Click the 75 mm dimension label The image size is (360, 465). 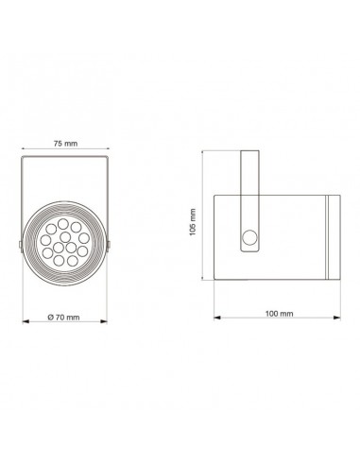(x=65, y=144)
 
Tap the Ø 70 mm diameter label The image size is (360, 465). (x=63, y=317)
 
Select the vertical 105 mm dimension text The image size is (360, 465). (x=193, y=222)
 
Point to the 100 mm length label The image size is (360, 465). (x=279, y=314)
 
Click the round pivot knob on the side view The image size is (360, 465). (x=249, y=237)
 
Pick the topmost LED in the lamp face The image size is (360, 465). (x=63, y=224)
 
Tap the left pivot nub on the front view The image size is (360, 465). (x=20, y=247)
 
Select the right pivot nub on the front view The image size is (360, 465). (x=109, y=246)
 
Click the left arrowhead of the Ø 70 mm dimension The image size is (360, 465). (x=26, y=321)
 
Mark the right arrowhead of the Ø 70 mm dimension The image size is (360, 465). (x=104, y=321)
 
